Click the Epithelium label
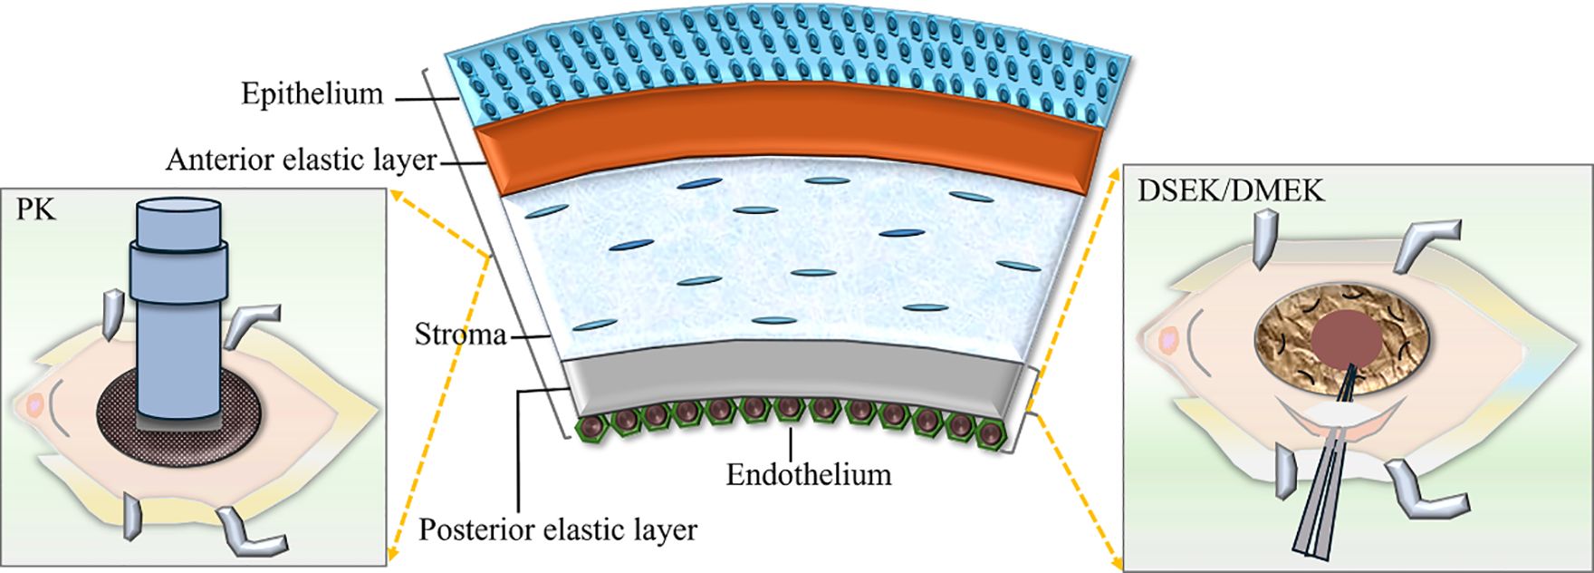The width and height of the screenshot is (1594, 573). (x=312, y=93)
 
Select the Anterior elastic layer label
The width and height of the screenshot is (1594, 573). (x=301, y=160)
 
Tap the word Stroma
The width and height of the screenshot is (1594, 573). (x=460, y=335)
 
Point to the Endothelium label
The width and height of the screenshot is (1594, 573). (x=808, y=474)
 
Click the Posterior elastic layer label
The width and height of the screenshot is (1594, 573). (x=557, y=529)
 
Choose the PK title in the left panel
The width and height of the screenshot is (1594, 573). (x=35, y=211)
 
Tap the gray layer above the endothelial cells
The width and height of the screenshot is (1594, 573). (x=788, y=372)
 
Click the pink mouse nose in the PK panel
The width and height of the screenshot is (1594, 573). (x=35, y=404)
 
